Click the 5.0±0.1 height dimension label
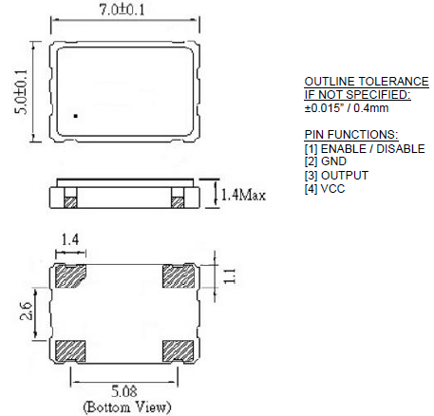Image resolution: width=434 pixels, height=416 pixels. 20,93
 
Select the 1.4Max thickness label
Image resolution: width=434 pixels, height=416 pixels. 241,196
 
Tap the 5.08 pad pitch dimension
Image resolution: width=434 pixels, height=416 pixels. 125,389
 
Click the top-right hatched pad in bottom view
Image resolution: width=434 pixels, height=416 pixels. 179,277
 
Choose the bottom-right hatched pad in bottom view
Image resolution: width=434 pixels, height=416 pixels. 179,350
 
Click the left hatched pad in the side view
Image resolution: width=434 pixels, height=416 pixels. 69,201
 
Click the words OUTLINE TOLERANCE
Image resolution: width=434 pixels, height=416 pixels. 359,82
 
